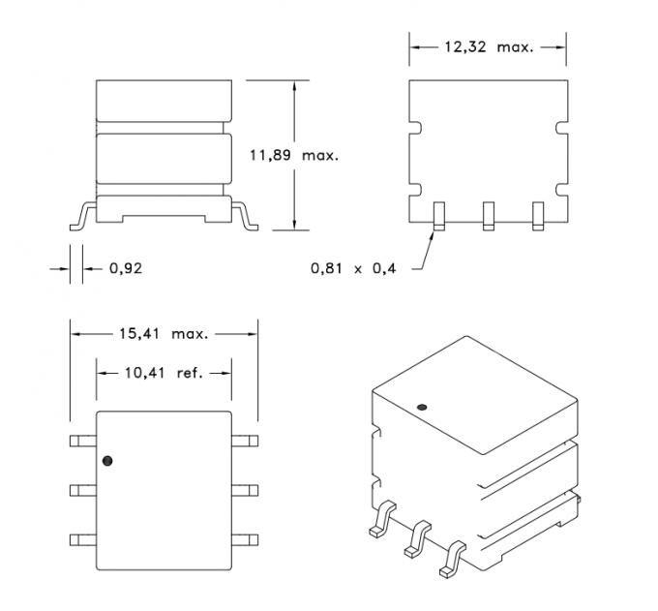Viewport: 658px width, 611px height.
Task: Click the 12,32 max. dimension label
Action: [x=488, y=46]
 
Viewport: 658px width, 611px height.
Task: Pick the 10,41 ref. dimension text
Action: [x=163, y=372]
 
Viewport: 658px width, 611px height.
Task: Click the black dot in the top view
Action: [x=107, y=460]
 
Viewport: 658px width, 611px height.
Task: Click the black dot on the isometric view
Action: [x=421, y=407]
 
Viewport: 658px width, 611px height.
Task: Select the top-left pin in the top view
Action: [x=81, y=441]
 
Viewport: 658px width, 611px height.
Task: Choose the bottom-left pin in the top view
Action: [x=81, y=539]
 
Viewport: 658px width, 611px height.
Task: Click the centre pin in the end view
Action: [x=488, y=216]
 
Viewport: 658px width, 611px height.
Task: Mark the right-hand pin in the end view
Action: [x=539, y=216]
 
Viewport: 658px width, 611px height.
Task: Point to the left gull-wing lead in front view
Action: [x=81, y=215]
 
